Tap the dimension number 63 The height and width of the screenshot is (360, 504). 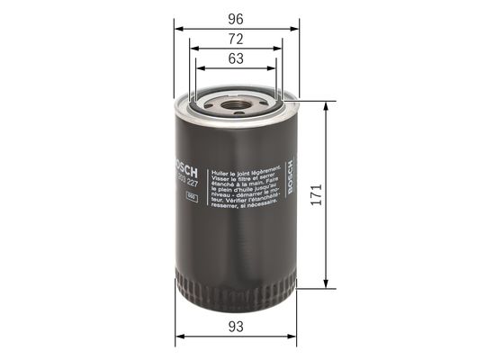point(235,60)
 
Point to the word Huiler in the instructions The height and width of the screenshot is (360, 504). point(219,168)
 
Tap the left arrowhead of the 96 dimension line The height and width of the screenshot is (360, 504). point(178,27)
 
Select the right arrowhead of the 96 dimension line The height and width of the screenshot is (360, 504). point(295,27)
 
